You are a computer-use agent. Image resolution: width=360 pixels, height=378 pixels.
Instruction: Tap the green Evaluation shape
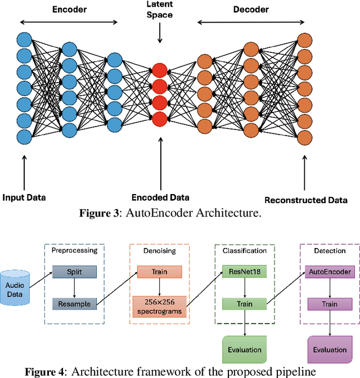pyautogui.click(x=245, y=350)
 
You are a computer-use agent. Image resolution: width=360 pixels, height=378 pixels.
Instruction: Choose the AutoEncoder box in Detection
pyautogui.click(x=330, y=272)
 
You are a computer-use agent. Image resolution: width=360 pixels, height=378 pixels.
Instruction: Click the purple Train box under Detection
pyautogui.click(x=330, y=304)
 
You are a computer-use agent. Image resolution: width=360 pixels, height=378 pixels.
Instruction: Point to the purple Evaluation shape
pyautogui.click(x=330, y=350)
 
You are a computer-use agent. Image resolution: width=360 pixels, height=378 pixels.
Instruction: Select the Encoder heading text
pyautogui.click(x=69, y=10)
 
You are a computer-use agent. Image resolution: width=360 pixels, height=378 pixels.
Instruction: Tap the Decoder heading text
pyautogui.click(x=250, y=10)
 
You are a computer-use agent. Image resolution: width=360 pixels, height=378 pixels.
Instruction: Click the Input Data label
pyautogui.click(x=24, y=197)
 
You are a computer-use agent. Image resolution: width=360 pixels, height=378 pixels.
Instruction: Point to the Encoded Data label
pyautogui.click(x=160, y=197)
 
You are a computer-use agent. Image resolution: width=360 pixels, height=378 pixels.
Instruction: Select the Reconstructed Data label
pyautogui.click(x=305, y=200)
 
